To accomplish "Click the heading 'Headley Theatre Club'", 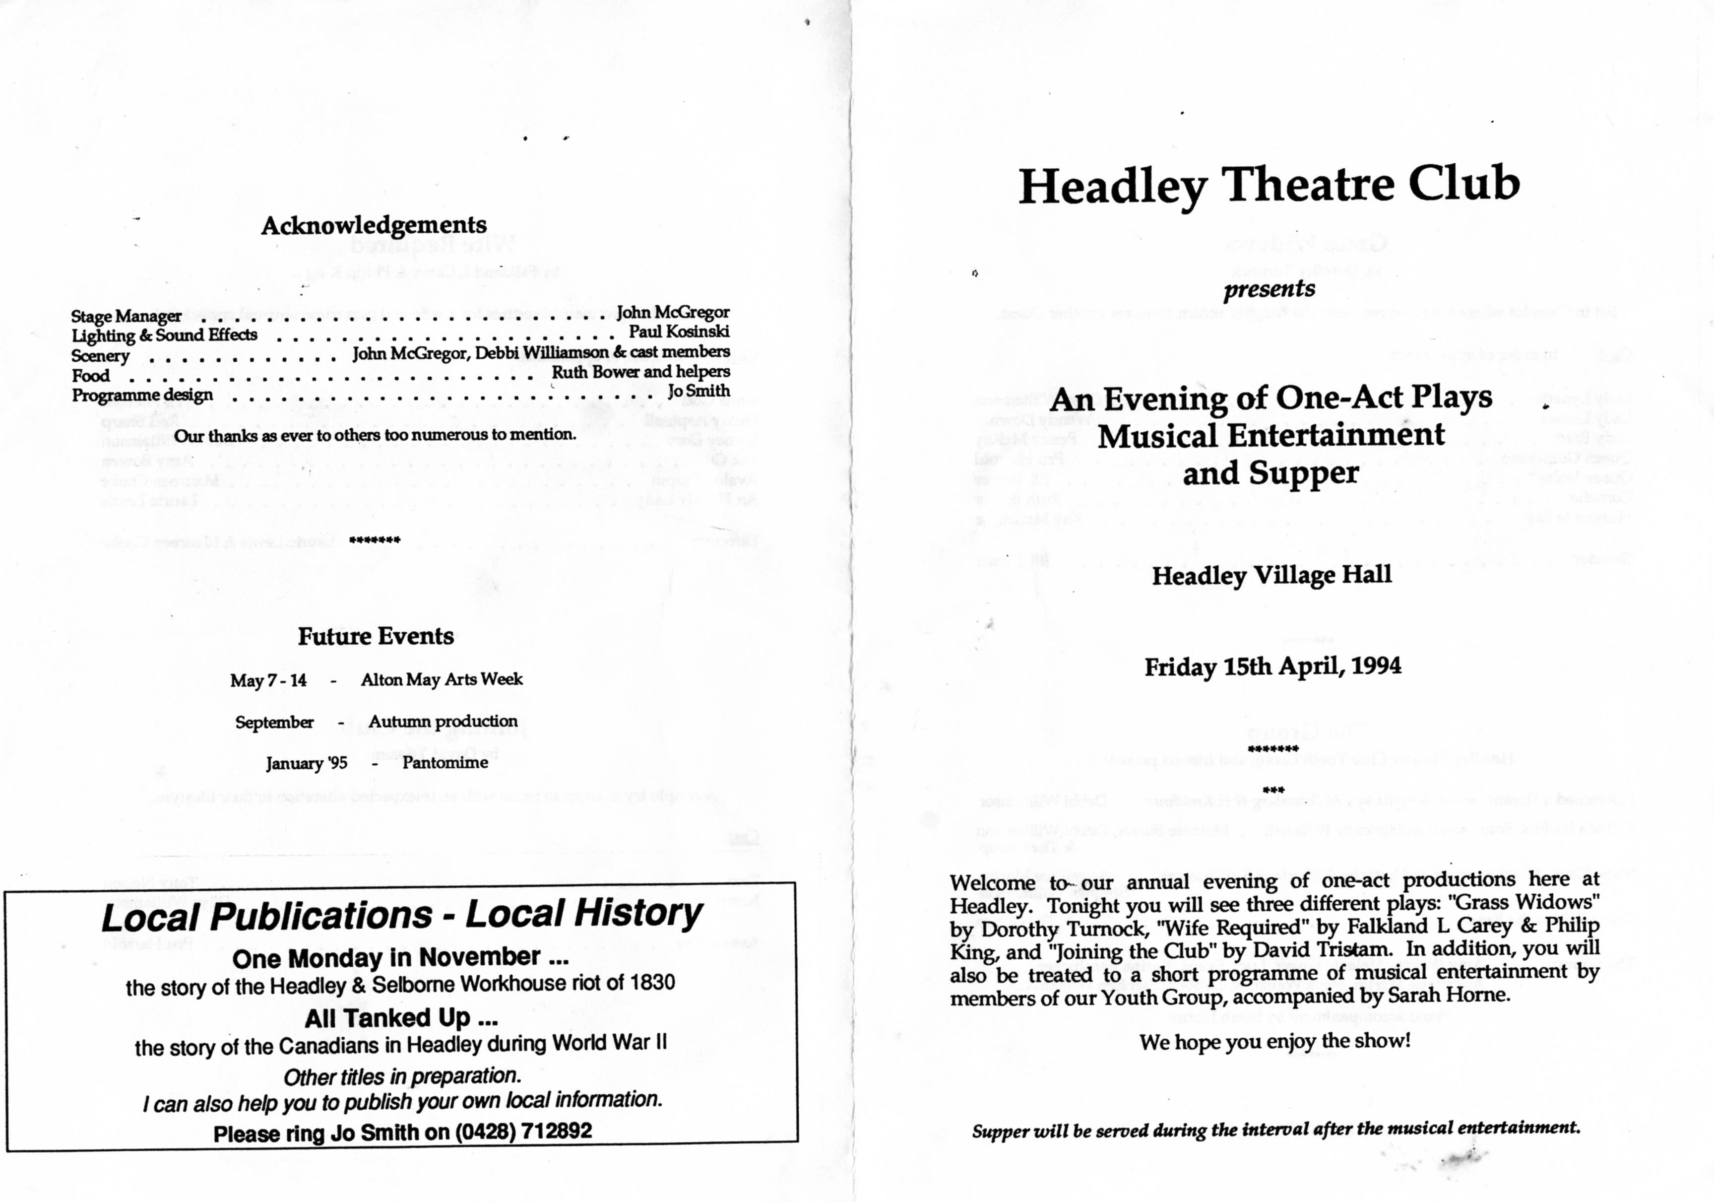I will (x=1269, y=185).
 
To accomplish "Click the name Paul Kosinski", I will (x=679, y=332).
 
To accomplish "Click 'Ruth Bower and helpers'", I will (x=640, y=372).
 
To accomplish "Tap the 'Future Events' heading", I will (x=376, y=636).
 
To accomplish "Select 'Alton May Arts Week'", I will (x=441, y=679).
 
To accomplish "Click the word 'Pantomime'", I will (x=445, y=763).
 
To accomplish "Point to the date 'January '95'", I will (x=307, y=764).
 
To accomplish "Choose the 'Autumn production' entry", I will (x=443, y=721).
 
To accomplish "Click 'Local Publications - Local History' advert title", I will (x=402, y=915).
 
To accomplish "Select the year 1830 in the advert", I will (x=652, y=983).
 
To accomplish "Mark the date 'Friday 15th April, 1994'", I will (x=1273, y=666).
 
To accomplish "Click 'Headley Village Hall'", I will (x=1271, y=575).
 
